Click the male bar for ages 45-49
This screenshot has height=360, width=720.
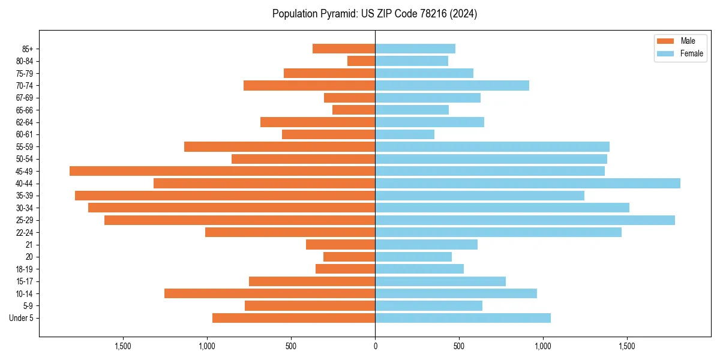pyautogui.click(x=222, y=171)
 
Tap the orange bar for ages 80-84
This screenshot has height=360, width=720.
pyautogui.click(x=361, y=61)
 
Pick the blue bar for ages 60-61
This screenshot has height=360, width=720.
pyautogui.click(x=404, y=134)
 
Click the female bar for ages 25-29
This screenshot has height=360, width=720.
pyautogui.click(x=525, y=220)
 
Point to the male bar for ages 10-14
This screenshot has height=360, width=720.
pyautogui.click(x=269, y=293)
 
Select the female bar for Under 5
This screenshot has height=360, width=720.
pyautogui.click(x=463, y=318)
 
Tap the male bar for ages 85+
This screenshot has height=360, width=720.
pyautogui.click(x=344, y=49)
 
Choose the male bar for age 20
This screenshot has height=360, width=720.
pyautogui.click(x=349, y=257)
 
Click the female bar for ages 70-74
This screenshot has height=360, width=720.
pyautogui.click(x=452, y=86)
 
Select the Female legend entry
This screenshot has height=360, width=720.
pyautogui.click(x=680, y=53)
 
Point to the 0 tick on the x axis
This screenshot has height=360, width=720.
pyautogui.click(x=375, y=346)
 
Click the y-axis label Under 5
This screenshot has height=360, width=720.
pyautogui.click(x=21, y=318)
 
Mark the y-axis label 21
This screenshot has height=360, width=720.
pyautogui.click(x=29, y=245)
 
